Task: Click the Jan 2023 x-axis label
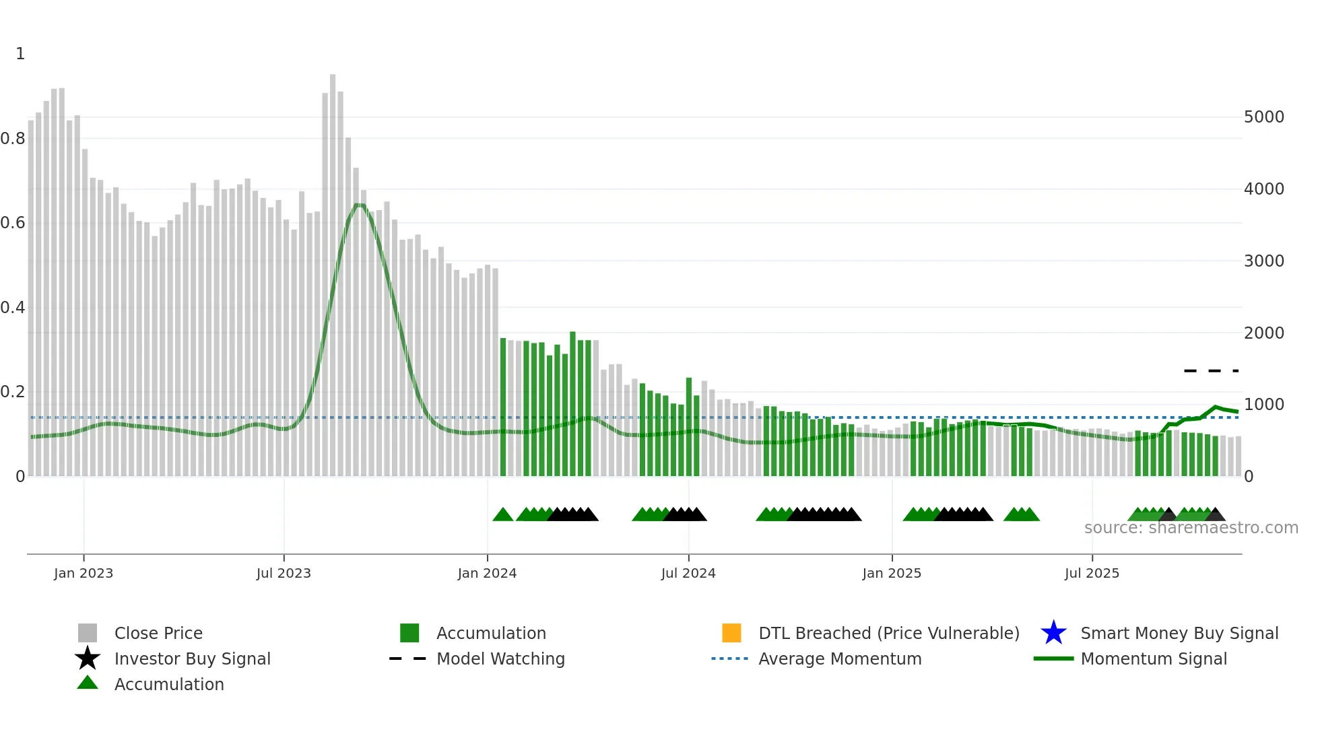pos(84,573)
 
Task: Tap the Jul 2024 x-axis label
pos(688,573)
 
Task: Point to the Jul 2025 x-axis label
pos(1092,573)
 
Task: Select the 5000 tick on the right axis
pos(1264,117)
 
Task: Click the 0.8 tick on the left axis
pos(13,139)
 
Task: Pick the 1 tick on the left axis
pos(20,54)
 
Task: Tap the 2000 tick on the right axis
pos(1264,333)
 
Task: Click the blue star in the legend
pos(1053,633)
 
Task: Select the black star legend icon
pos(88,659)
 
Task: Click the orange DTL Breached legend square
pos(731,633)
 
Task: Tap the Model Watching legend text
pos(500,659)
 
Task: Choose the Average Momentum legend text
pos(840,659)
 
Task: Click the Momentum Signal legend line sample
pos(1053,659)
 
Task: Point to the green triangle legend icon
pos(88,683)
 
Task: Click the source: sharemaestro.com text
pos(1191,528)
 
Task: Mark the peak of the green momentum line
pos(360,205)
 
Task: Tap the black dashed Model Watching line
pos(1211,371)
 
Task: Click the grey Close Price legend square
pos(88,633)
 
